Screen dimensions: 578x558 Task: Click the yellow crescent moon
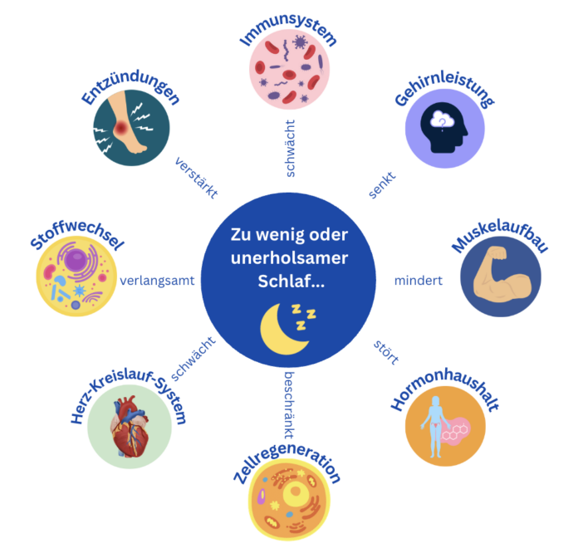tap(282, 330)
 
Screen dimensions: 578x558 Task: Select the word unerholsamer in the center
tap(289, 258)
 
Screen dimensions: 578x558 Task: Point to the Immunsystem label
tap(288, 31)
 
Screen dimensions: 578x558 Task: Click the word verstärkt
tap(197, 178)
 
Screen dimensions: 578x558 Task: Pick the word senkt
tap(382, 184)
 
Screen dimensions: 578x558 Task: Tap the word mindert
tap(419, 281)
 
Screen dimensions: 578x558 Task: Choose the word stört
tap(386, 352)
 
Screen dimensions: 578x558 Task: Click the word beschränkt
tap(289, 405)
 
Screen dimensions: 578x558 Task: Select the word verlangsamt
tap(157, 281)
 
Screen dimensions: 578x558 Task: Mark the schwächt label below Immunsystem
tap(290, 148)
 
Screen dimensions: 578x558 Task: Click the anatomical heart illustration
tap(130, 427)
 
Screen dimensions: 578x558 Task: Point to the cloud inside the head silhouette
tap(443, 119)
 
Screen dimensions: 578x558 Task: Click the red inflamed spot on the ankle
tap(120, 129)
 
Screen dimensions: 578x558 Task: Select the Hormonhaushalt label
tap(445, 389)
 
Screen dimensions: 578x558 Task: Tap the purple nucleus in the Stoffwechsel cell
tap(76, 260)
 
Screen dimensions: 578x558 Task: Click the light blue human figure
tap(436, 427)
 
